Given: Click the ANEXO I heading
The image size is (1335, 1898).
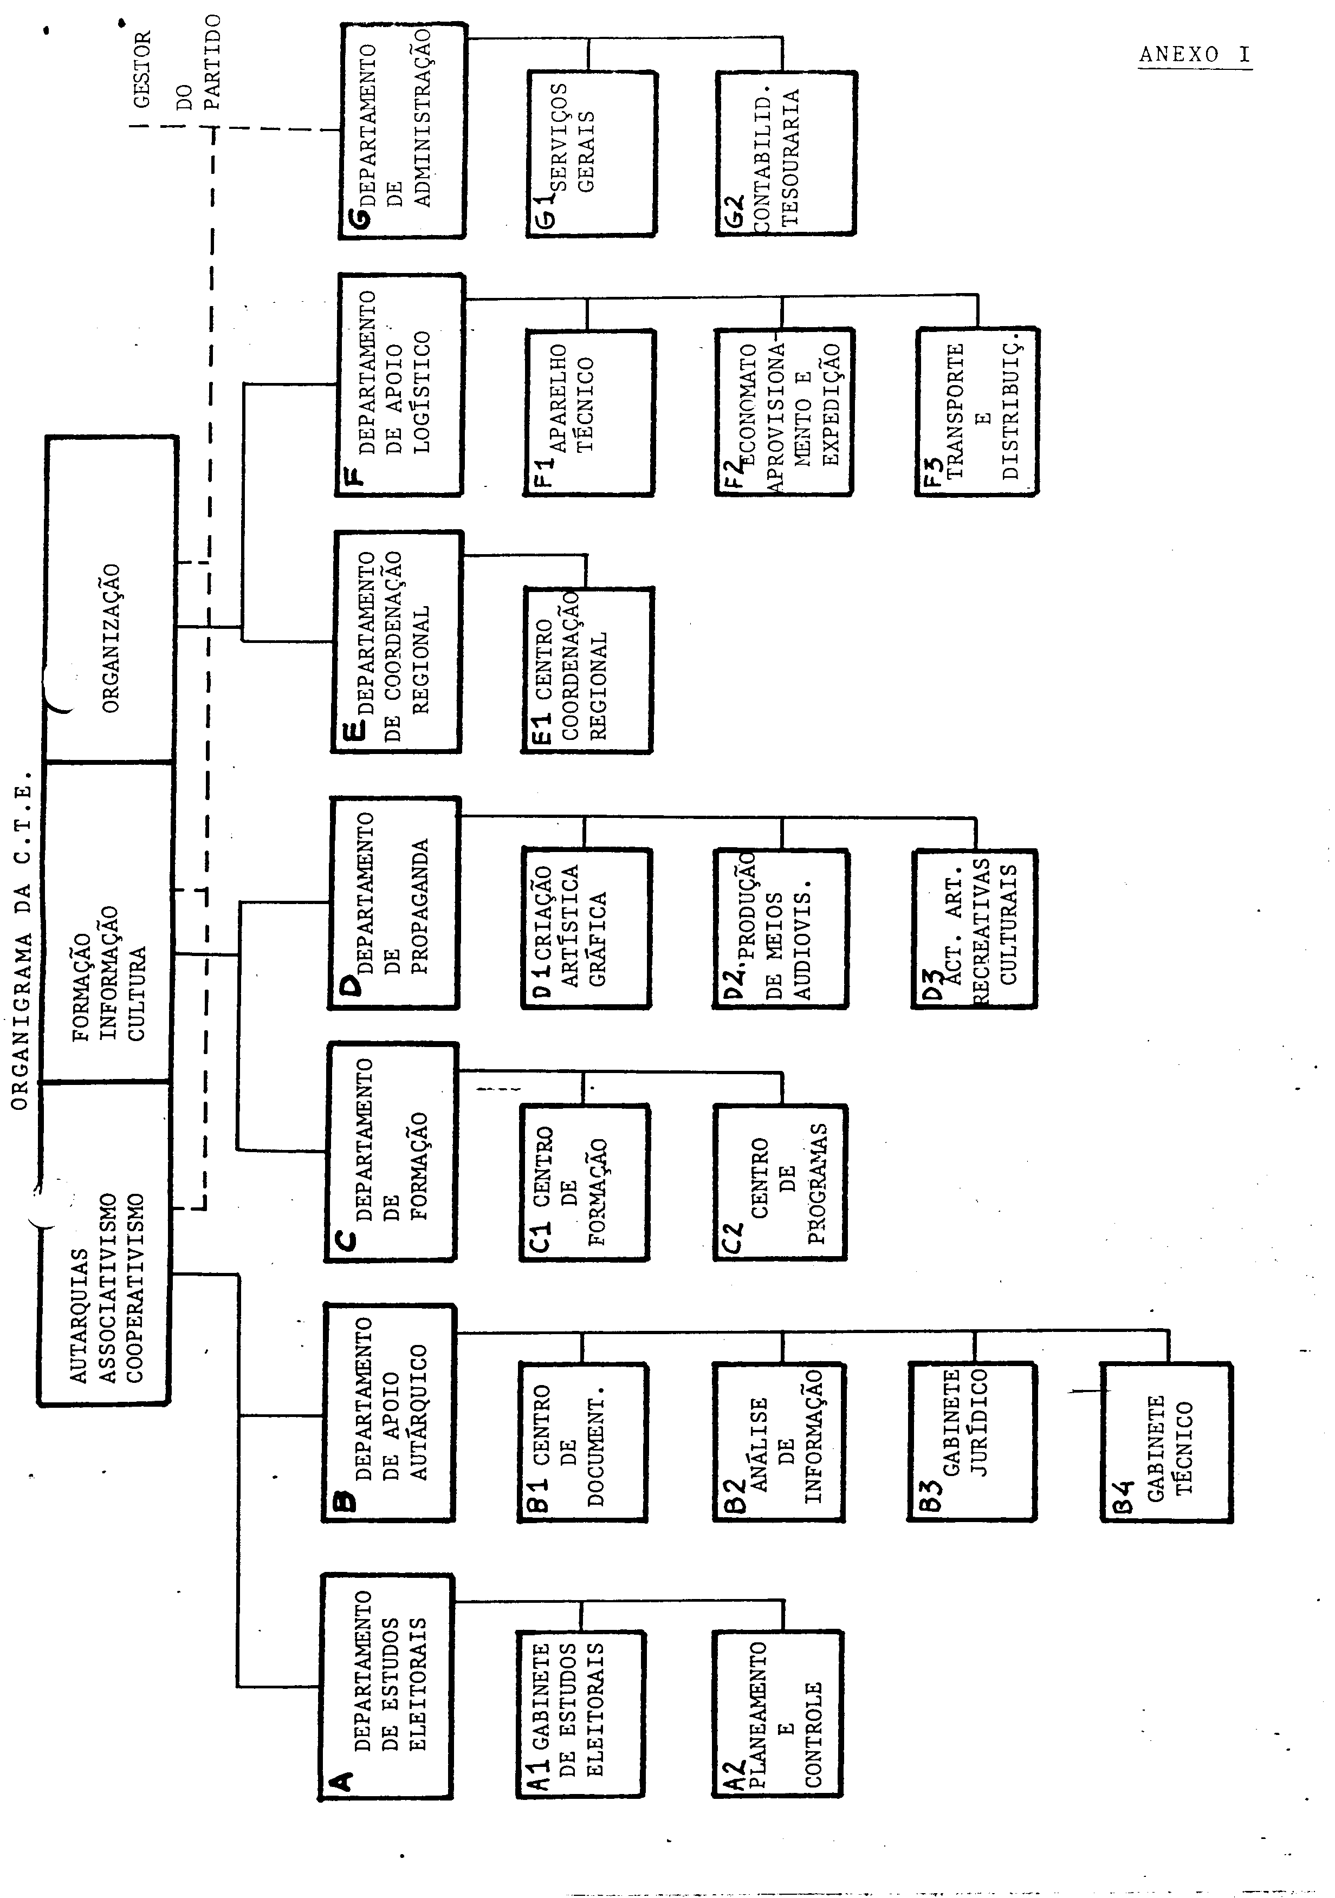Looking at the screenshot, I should pos(1195,55).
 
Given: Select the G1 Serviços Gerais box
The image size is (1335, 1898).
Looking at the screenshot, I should pos(592,154).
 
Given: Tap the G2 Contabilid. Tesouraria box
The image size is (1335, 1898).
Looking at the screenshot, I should pos(785,154).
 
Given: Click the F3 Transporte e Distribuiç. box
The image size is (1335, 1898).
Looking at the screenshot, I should pos(977,412).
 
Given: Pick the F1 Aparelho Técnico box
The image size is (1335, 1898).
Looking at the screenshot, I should pos(588,412).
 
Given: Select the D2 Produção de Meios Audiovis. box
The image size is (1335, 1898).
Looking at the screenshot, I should pos(780,928).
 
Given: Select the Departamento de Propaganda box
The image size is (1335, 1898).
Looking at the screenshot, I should pos(394,903).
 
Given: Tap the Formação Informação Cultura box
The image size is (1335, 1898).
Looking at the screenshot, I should pos(107,922).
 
